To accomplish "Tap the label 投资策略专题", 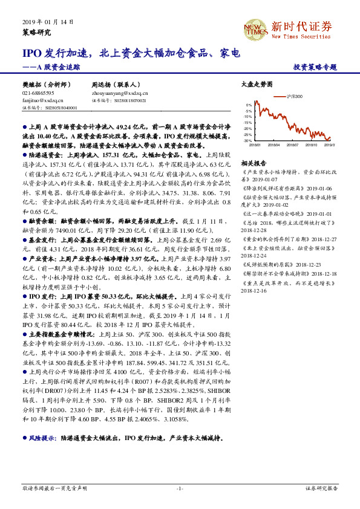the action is pos(315,68).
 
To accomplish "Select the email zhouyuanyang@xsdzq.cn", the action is pos(120,94).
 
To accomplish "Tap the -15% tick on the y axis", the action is pos(248,123).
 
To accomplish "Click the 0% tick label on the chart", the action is pos(249,105).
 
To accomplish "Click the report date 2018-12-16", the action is pos(255,290).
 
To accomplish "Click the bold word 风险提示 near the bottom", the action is pos(42,437).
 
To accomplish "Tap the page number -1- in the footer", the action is pos(180,488).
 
